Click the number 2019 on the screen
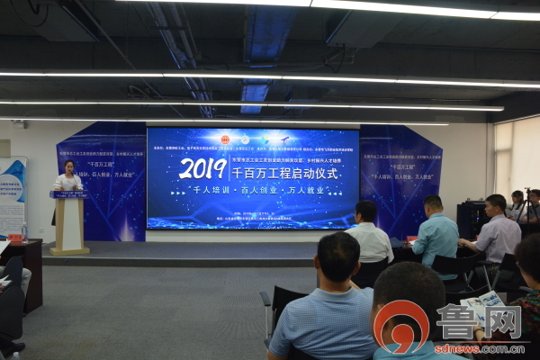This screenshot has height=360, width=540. click(202, 168)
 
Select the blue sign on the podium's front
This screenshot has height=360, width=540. click(68, 193)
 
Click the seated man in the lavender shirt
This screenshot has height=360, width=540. click(496, 232)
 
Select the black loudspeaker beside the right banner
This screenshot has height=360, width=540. click(470, 220)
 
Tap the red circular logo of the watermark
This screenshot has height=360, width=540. click(400, 324)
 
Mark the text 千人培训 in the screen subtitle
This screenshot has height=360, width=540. click(212, 194)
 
